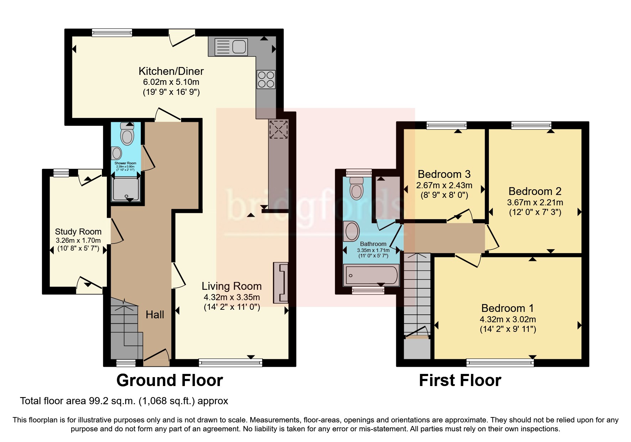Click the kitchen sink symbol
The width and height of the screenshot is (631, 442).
click(231, 47)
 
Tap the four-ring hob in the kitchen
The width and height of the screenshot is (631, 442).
click(266, 79)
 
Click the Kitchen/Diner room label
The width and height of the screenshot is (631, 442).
click(171, 71)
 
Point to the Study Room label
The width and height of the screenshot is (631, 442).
click(78, 232)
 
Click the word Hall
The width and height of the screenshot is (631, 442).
click(155, 314)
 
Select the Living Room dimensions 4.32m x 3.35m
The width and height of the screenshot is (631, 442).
click(232, 297)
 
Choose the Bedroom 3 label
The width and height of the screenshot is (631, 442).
click(444, 174)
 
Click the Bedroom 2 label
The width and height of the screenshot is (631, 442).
click(535, 191)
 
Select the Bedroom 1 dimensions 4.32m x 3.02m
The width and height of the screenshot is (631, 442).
click(508, 319)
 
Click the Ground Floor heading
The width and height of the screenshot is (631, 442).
click(170, 380)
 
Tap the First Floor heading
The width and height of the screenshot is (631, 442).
click(460, 380)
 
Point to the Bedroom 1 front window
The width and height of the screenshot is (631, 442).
click(500, 363)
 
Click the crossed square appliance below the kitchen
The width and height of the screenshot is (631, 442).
click(278, 129)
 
